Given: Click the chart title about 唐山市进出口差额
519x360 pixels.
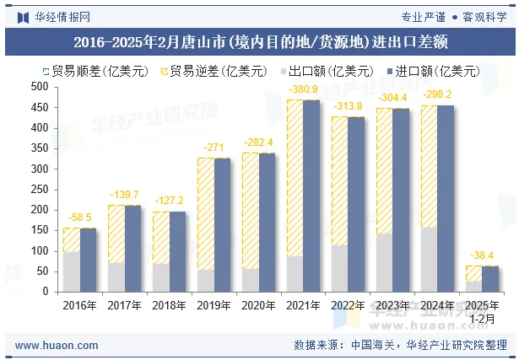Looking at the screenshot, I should [259, 40].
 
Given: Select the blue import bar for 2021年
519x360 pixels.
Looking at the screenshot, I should [311, 196].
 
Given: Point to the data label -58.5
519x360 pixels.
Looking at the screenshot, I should [79, 218].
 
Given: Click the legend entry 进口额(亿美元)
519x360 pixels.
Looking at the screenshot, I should [436, 71].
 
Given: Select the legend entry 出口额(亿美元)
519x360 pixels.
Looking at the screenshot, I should [329, 71].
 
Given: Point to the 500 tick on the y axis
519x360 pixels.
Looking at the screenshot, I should [40, 87].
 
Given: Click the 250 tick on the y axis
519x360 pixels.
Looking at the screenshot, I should [40, 190].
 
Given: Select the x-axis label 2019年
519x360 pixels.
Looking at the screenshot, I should [214, 304].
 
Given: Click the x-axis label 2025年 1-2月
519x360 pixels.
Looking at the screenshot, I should [482, 310].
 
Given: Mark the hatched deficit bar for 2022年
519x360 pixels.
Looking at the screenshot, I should [339, 180].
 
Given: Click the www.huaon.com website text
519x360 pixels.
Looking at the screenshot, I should [51, 345].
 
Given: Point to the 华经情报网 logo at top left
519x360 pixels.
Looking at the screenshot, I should [53, 16].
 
